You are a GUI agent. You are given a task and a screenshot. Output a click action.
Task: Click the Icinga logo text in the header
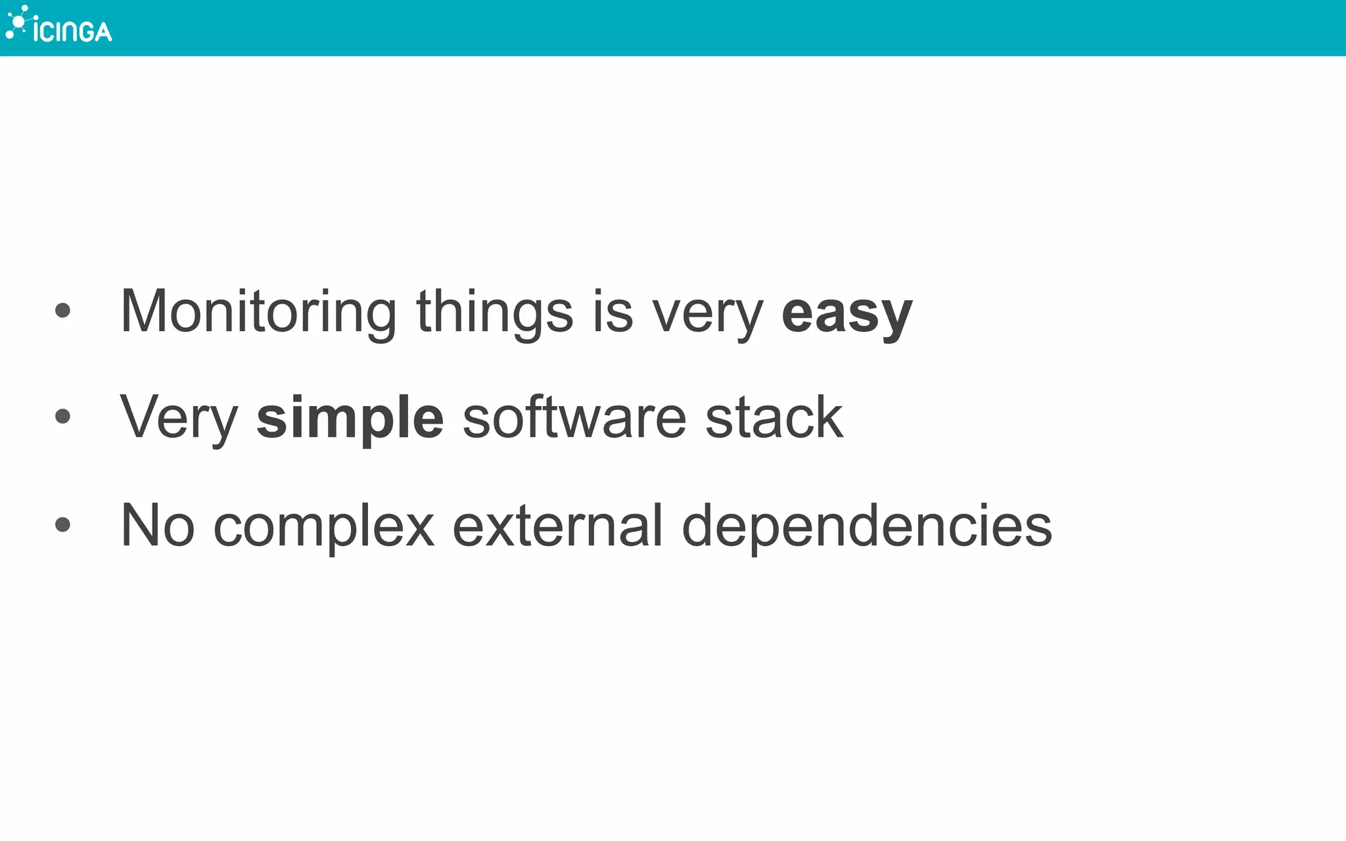pyautogui.click(x=72, y=30)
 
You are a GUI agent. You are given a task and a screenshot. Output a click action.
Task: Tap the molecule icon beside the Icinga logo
pyautogui.click(x=17, y=22)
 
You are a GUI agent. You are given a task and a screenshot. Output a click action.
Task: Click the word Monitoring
pyautogui.click(x=258, y=312)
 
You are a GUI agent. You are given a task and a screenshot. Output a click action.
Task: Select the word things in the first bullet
pyautogui.click(x=494, y=312)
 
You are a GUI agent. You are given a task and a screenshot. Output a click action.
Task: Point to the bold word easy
pyautogui.click(x=847, y=313)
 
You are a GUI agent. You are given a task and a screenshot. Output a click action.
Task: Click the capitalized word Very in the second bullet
pyautogui.click(x=179, y=419)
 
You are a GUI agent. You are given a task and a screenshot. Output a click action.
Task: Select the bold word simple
pyautogui.click(x=350, y=419)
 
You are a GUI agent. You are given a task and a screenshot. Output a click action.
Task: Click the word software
pyautogui.click(x=574, y=417)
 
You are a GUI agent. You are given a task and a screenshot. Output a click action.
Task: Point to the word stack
pyautogui.click(x=774, y=417)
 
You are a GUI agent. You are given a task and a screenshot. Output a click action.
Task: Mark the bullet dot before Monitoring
pyautogui.click(x=62, y=310)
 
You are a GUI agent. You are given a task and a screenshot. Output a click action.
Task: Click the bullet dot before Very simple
pyautogui.click(x=62, y=416)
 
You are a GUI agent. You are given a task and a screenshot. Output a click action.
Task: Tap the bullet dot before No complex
pyautogui.click(x=62, y=524)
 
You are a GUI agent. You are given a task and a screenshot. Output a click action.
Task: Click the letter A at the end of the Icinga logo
pyautogui.click(x=102, y=31)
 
